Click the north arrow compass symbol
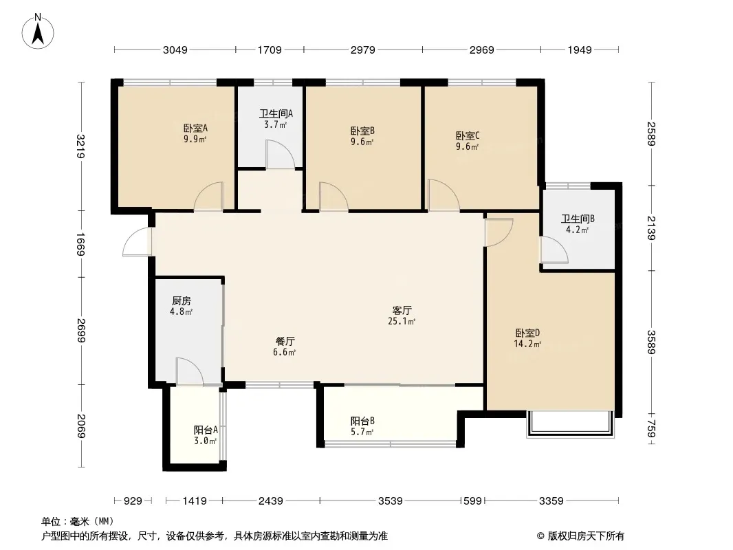pyautogui.click(x=38, y=32)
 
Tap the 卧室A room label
pyautogui.click(x=195, y=128)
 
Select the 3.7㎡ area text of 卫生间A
pyautogui.click(x=275, y=124)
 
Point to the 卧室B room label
pyautogui.click(x=363, y=131)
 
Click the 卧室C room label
pyautogui.click(x=468, y=136)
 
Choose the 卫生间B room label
pyautogui.click(x=578, y=219)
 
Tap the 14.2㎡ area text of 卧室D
pyautogui.click(x=528, y=344)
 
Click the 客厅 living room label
pyautogui.click(x=402, y=310)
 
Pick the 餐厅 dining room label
pyautogui.click(x=285, y=341)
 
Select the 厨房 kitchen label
pyautogui.click(x=182, y=301)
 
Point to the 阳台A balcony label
pyautogui.click(x=206, y=430)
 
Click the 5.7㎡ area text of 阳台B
pyautogui.click(x=362, y=432)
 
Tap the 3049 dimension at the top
pyautogui.click(x=175, y=49)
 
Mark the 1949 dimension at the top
pyautogui.click(x=580, y=49)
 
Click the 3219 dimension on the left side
pyautogui.click(x=81, y=146)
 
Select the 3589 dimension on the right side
pyautogui.click(x=651, y=342)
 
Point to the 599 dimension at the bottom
pyautogui.click(x=472, y=501)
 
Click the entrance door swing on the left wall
pyautogui.click(x=137, y=241)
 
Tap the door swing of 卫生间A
pyautogui.click(x=281, y=154)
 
